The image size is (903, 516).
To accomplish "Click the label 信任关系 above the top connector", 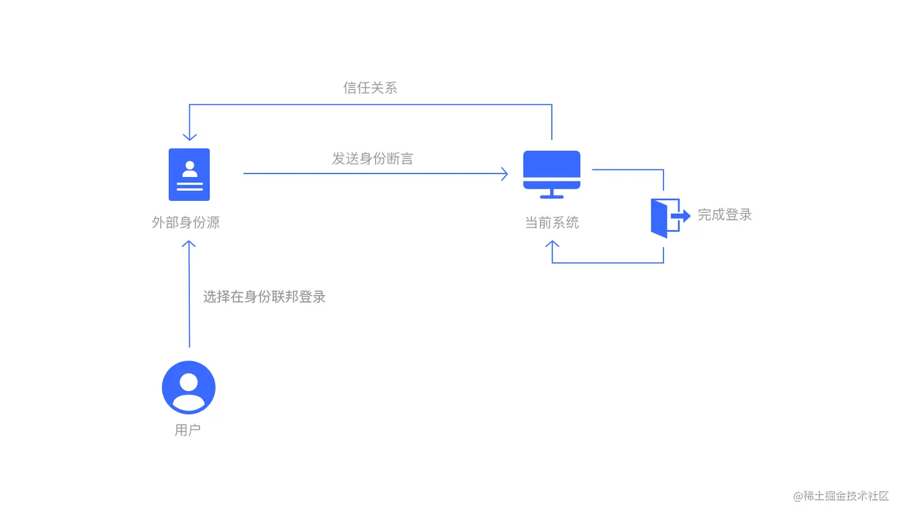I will [x=370, y=88].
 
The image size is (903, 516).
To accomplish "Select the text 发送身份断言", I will [x=373, y=158].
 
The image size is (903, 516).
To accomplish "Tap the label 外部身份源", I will [x=186, y=222].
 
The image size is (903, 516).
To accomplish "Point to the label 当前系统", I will [x=552, y=223].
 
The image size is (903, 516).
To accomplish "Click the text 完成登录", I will [x=724, y=215].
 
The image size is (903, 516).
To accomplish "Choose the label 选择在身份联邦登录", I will [x=264, y=297].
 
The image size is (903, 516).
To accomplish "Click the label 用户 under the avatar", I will [x=188, y=430].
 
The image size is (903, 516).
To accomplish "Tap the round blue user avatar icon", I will [x=189, y=387].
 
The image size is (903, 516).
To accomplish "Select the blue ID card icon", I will [x=189, y=175].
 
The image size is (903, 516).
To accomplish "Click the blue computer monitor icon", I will [x=552, y=170].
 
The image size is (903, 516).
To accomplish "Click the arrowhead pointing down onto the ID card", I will [x=189, y=137].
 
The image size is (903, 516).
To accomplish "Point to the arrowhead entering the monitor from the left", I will [x=505, y=173].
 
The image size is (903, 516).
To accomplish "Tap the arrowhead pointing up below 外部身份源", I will [x=189, y=244].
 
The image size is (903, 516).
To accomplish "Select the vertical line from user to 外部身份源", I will [x=189, y=299].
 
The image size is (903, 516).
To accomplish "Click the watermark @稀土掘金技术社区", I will [x=840, y=496].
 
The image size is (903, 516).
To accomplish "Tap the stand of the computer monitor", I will [x=552, y=194].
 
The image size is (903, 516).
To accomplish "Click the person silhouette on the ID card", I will [x=190, y=169].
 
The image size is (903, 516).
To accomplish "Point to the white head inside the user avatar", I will [x=189, y=381].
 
